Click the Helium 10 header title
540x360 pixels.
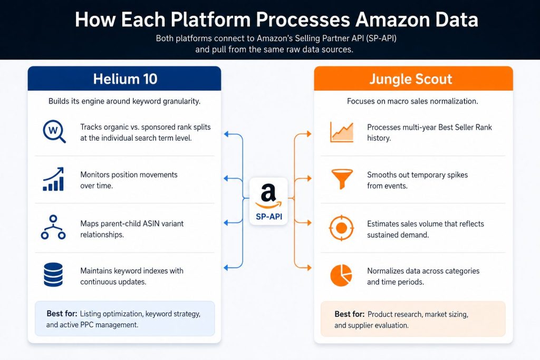coord(125,79)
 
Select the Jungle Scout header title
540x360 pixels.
coord(410,79)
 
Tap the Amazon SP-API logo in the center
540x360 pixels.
coord(268,201)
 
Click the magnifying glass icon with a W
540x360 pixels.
coord(54,131)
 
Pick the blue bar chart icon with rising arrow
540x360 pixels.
coord(53,179)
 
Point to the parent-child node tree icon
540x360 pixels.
coord(53,227)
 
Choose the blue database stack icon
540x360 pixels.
coord(53,275)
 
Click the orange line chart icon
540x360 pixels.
coord(342,132)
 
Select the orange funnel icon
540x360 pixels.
coord(342,179)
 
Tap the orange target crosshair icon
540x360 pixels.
coord(341,228)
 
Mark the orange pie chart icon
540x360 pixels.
coord(341,275)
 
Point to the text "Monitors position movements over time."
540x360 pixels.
coord(129,180)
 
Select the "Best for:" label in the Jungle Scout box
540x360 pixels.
coord(350,314)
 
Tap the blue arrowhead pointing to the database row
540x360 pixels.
coord(226,267)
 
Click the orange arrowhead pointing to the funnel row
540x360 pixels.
coord(309,178)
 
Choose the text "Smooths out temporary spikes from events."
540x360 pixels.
coord(418,180)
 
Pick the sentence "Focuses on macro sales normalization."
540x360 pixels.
coord(412,101)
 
